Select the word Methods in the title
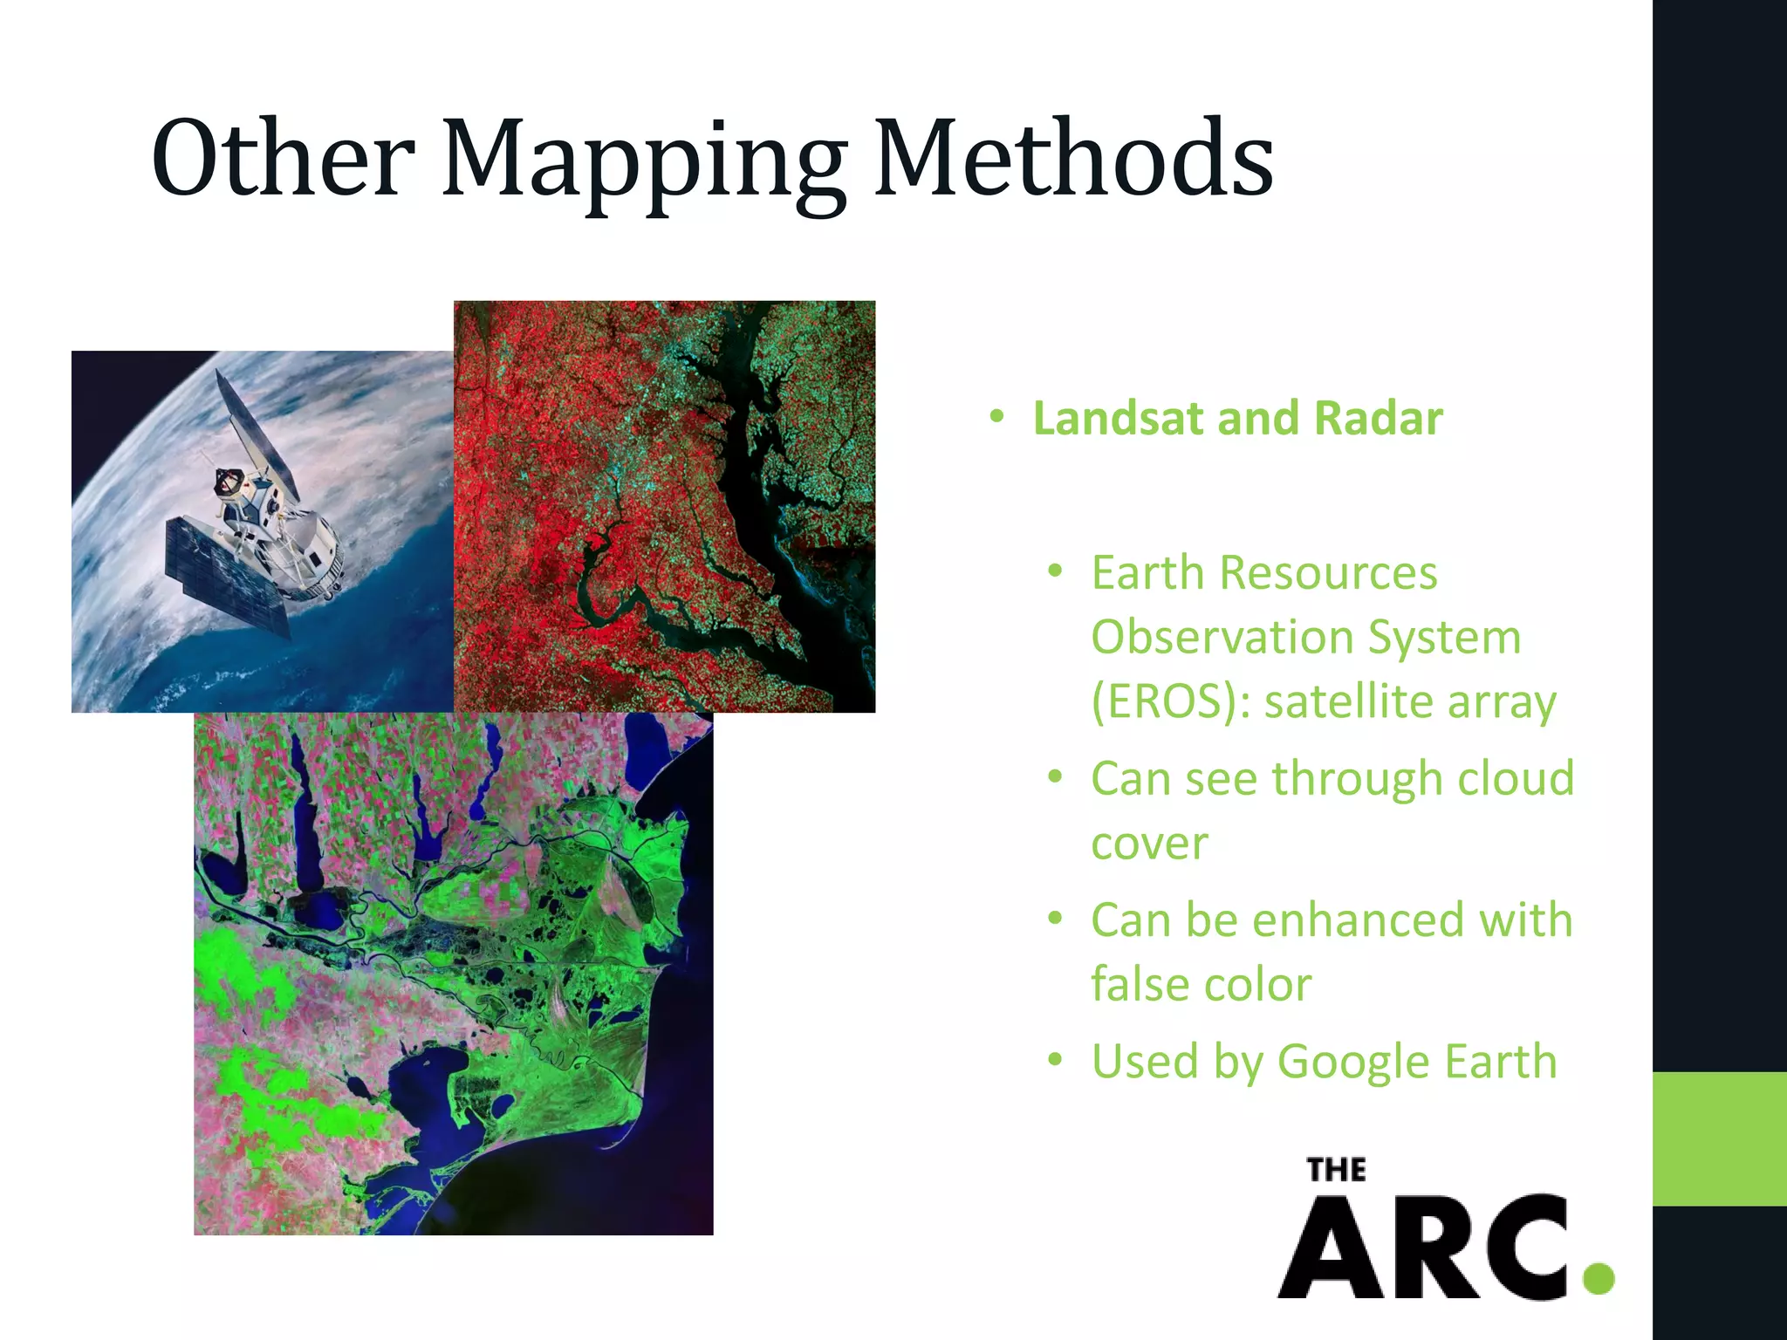click(1073, 158)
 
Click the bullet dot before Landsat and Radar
click(997, 417)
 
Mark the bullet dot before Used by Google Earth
click(1056, 1060)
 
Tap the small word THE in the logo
click(1336, 1170)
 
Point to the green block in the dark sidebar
click(1719, 1138)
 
